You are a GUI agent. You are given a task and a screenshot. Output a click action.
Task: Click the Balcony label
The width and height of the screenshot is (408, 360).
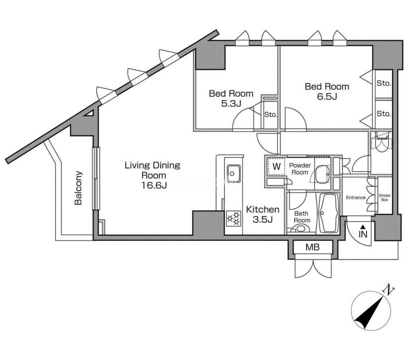(x=78, y=188)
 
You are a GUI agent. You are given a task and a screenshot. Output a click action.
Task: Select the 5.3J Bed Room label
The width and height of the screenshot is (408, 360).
(x=231, y=98)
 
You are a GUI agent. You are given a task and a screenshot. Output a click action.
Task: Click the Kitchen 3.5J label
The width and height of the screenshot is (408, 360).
(x=262, y=214)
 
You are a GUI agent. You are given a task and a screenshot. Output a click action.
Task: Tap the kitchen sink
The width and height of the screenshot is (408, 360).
(x=231, y=172)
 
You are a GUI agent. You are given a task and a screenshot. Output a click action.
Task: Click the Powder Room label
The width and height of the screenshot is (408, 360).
(x=300, y=169)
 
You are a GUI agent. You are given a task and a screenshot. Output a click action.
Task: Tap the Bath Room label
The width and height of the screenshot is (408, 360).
(x=302, y=217)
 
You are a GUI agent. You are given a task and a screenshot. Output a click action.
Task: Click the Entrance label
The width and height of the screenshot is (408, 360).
(x=355, y=198)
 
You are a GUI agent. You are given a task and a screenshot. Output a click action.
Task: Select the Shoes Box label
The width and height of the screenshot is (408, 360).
(x=384, y=197)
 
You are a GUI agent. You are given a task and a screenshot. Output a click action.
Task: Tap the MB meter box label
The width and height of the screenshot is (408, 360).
(x=312, y=247)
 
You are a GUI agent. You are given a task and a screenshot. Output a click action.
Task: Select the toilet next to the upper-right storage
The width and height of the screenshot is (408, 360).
(x=381, y=146)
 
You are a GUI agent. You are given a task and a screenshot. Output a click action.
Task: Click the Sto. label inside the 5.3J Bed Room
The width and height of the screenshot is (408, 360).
(x=271, y=115)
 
